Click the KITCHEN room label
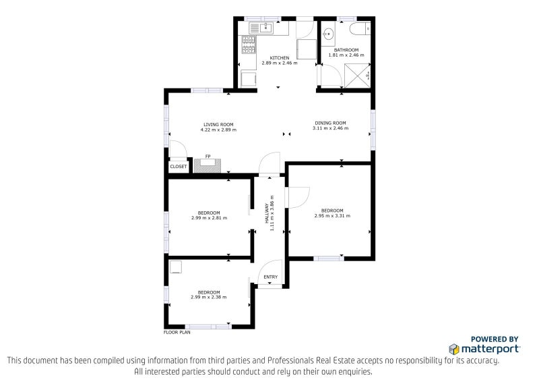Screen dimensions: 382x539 click(280, 58)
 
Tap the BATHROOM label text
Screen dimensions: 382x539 click(346, 50)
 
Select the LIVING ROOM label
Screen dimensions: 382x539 click(218, 124)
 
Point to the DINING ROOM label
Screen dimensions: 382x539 click(330, 123)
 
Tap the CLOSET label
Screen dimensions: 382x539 click(179, 166)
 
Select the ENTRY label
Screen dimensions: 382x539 click(270, 277)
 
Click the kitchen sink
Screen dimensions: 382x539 click(260, 28)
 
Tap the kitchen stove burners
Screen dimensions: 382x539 click(249, 45)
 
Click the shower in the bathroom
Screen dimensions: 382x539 click(357, 76)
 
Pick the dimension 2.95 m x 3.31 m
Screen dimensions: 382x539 click(332, 216)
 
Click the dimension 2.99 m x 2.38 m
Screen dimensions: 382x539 click(209, 297)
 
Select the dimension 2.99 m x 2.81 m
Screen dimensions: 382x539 click(209, 218)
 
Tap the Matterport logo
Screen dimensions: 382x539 click(484, 348)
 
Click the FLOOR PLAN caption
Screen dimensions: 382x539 click(177, 333)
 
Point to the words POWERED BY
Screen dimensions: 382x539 click(495, 339)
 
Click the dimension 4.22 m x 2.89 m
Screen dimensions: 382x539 click(218, 130)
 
